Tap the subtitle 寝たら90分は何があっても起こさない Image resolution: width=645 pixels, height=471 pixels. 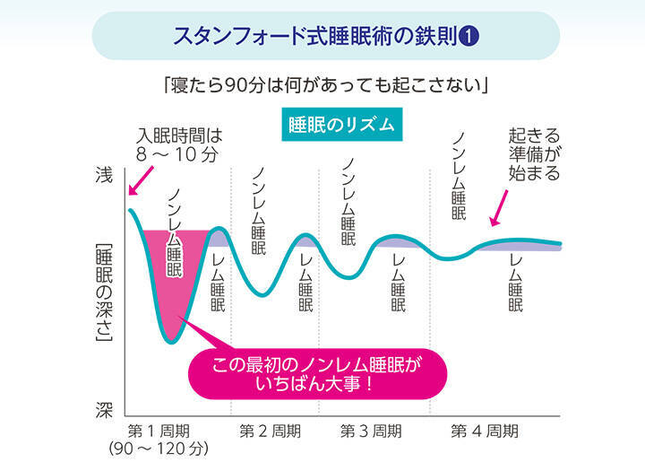pyautogui.click(x=323, y=87)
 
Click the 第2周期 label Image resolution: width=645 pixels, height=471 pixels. pyautogui.click(x=269, y=430)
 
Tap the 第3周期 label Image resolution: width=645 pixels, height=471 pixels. pyautogui.click(x=369, y=430)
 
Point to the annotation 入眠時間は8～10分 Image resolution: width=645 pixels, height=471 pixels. pyautogui.click(x=179, y=144)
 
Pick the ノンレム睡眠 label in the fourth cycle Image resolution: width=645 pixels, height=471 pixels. pyautogui.click(x=459, y=175)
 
